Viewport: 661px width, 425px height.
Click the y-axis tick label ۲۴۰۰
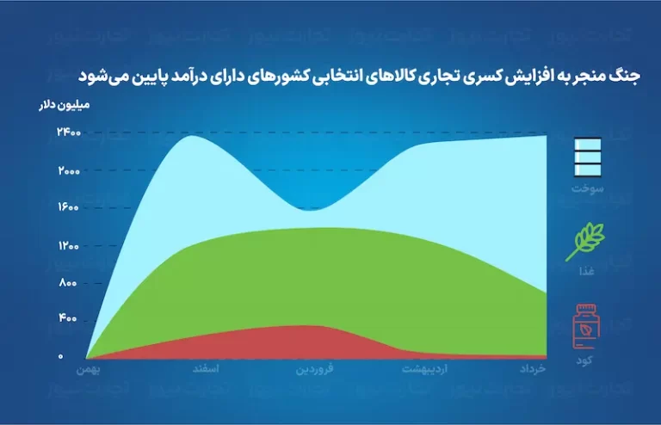click(69, 132)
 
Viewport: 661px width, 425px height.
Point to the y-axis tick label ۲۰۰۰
click(69, 171)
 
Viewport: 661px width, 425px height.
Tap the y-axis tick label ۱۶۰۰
click(68, 206)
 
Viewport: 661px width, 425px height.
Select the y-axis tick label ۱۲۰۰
click(68, 245)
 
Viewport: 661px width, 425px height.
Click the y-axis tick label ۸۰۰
click(68, 283)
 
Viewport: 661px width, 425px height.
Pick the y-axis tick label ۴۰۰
click(67, 318)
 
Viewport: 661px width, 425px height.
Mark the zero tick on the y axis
click(60, 356)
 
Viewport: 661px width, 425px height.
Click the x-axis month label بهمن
click(88, 370)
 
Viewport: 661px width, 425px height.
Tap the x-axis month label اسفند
click(206, 369)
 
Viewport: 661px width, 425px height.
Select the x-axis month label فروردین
click(314, 369)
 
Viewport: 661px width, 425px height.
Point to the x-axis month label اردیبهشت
click(424, 369)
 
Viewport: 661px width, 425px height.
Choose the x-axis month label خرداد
click(533, 369)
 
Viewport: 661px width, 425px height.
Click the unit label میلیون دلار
click(65, 105)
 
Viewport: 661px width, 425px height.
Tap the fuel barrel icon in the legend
click(588, 157)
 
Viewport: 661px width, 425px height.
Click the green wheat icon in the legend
click(585, 242)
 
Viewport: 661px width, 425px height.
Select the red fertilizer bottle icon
click(586, 326)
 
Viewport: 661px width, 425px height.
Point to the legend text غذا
click(586, 271)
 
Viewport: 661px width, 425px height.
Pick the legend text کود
click(584, 360)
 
